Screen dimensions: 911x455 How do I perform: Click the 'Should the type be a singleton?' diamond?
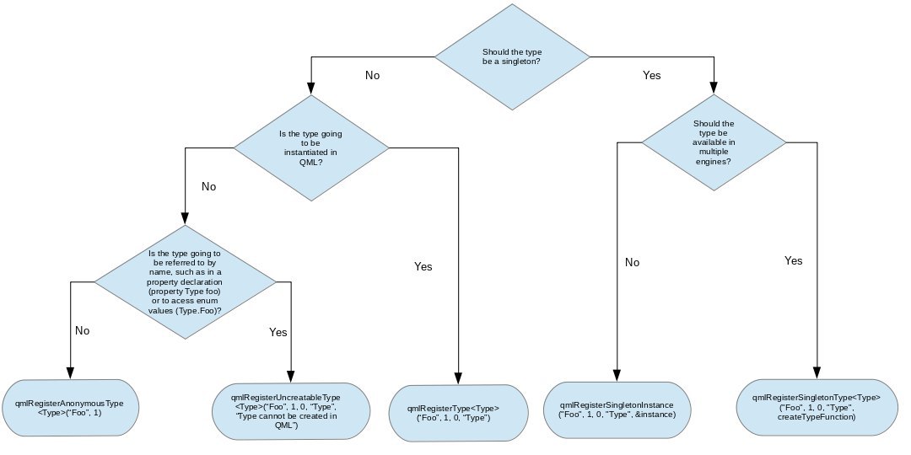click(512, 57)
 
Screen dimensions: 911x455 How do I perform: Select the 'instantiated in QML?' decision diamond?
click(310, 148)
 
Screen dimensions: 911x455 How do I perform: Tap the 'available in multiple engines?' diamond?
click(714, 142)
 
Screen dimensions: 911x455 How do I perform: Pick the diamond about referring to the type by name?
click(186, 282)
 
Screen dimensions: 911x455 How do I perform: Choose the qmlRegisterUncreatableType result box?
click(291, 411)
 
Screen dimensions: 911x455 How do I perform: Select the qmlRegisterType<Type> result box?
click(458, 413)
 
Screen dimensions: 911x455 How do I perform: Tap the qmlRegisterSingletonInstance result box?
click(617, 409)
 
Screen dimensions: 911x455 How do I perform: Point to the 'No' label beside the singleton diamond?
click(373, 76)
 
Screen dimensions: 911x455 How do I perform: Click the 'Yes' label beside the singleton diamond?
click(651, 75)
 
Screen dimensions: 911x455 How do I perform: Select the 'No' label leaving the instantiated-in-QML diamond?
click(208, 186)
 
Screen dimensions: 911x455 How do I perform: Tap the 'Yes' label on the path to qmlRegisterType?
click(423, 266)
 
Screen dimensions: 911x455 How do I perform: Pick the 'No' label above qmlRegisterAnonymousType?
click(82, 330)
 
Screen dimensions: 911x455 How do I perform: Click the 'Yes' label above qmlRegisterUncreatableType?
click(278, 332)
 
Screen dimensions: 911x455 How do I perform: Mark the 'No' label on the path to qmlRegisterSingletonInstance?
click(632, 262)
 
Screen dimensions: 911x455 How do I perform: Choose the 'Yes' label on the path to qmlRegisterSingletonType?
click(793, 260)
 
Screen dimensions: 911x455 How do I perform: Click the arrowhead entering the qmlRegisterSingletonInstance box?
click(617, 375)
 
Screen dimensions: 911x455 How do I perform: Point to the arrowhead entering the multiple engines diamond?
click(714, 88)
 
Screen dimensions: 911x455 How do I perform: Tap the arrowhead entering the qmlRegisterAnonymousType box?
click(70, 372)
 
